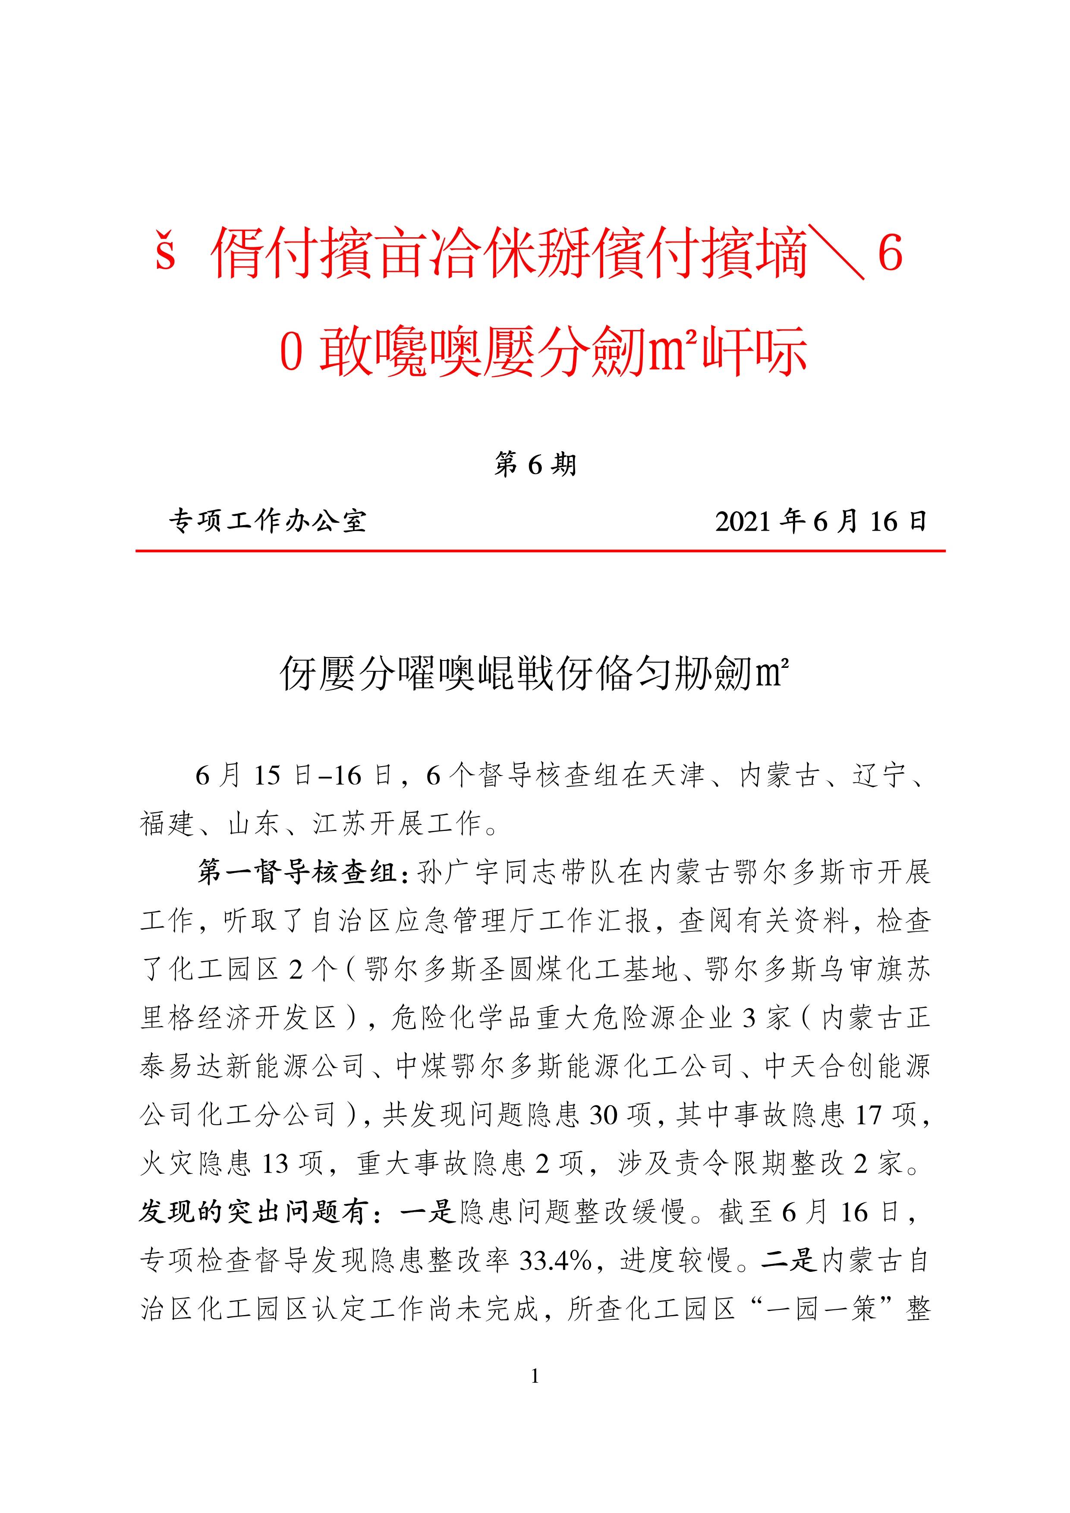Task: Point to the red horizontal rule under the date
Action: click(x=540, y=550)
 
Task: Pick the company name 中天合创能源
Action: click(x=847, y=1067)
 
